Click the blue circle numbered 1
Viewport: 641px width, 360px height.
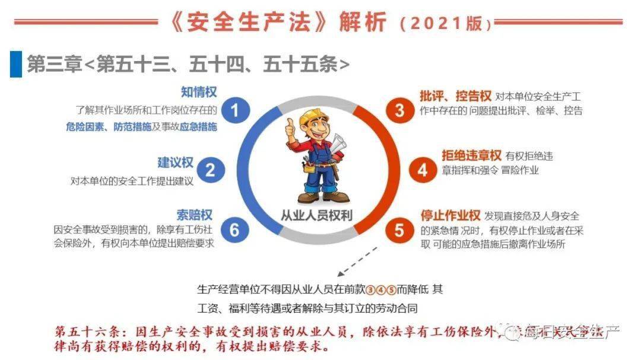point(236,111)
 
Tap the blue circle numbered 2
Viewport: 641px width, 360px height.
point(210,170)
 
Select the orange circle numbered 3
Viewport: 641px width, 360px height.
point(399,110)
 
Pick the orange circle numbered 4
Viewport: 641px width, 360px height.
point(422,170)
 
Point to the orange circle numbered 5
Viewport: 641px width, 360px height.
point(399,230)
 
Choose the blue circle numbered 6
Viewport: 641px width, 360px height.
point(235,230)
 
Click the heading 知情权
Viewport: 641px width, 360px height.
point(199,93)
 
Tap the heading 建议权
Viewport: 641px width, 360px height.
point(176,162)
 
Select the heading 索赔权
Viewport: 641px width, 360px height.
point(194,214)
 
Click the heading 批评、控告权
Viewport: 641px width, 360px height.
point(455,96)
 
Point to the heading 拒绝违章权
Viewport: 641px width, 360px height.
point(471,155)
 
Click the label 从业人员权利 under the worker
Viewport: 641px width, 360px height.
point(317,215)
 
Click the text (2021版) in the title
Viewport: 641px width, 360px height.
point(446,24)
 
